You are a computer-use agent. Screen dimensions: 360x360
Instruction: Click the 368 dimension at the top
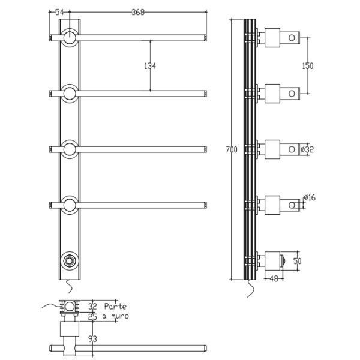tap(138, 12)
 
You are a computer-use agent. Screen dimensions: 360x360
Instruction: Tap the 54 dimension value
tap(59, 12)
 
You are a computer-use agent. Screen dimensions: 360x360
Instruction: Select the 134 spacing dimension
tap(150, 66)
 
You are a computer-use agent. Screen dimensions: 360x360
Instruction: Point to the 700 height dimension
tap(232, 149)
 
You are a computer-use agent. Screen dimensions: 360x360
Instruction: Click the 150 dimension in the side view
tap(308, 66)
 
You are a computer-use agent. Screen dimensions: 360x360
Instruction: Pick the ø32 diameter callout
tap(307, 149)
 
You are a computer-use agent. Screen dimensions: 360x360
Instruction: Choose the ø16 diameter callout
tap(310, 197)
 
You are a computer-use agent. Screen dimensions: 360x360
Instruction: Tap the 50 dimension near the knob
tap(298, 261)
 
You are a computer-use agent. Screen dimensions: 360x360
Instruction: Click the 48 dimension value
tap(274, 279)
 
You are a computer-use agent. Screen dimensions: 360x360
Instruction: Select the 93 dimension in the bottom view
tap(92, 339)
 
